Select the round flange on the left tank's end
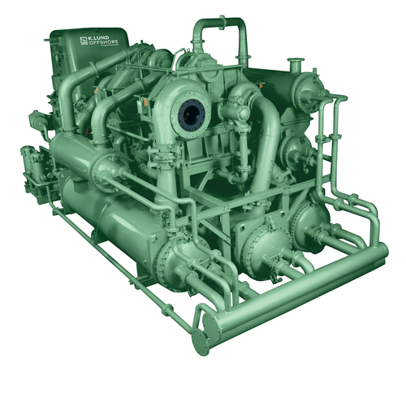pyautogui.click(x=106, y=171)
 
